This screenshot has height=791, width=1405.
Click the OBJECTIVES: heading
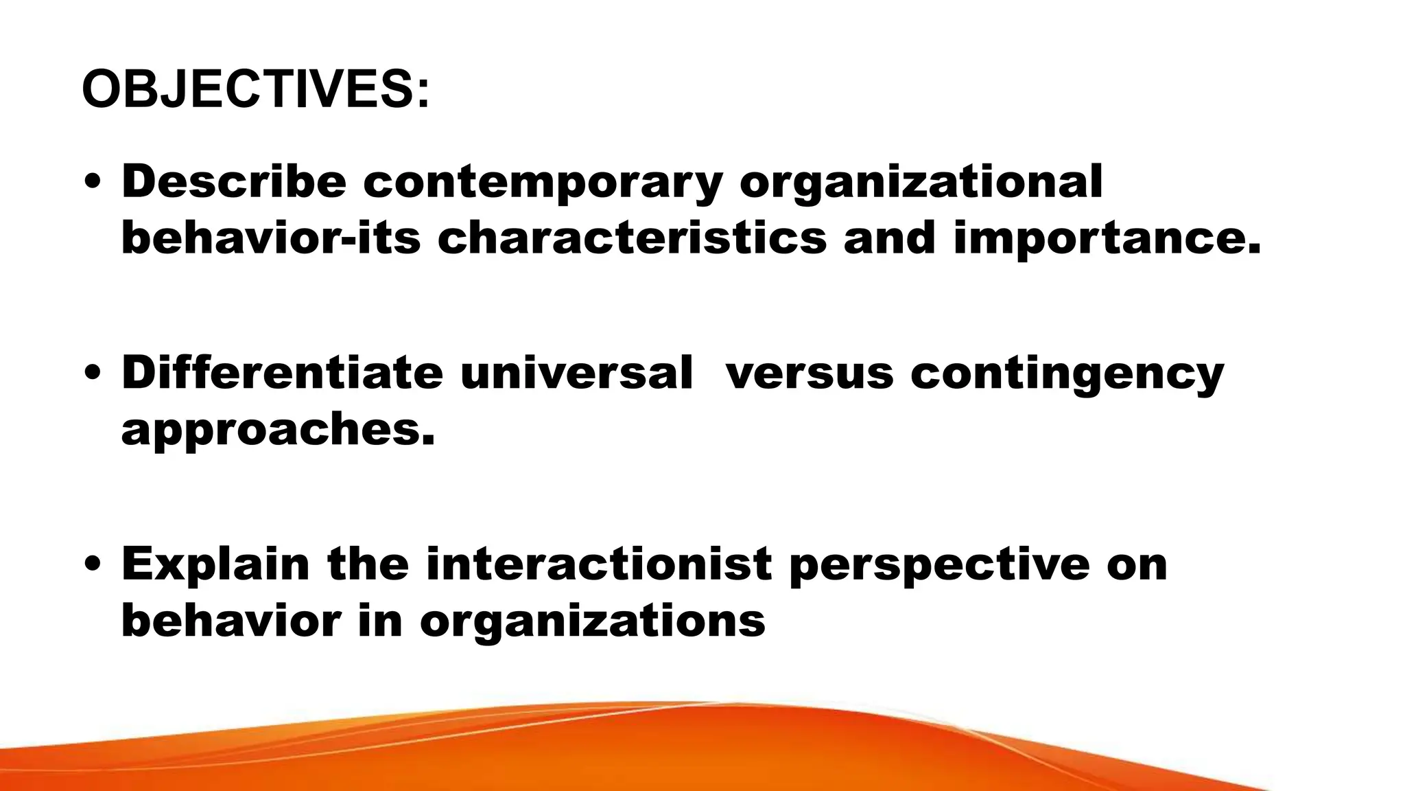pos(256,90)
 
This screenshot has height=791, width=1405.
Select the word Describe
pos(233,182)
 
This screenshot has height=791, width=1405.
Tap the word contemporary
pos(543,183)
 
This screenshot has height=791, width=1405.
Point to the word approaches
pos(278,431)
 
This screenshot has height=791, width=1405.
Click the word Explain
pos(215,565)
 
